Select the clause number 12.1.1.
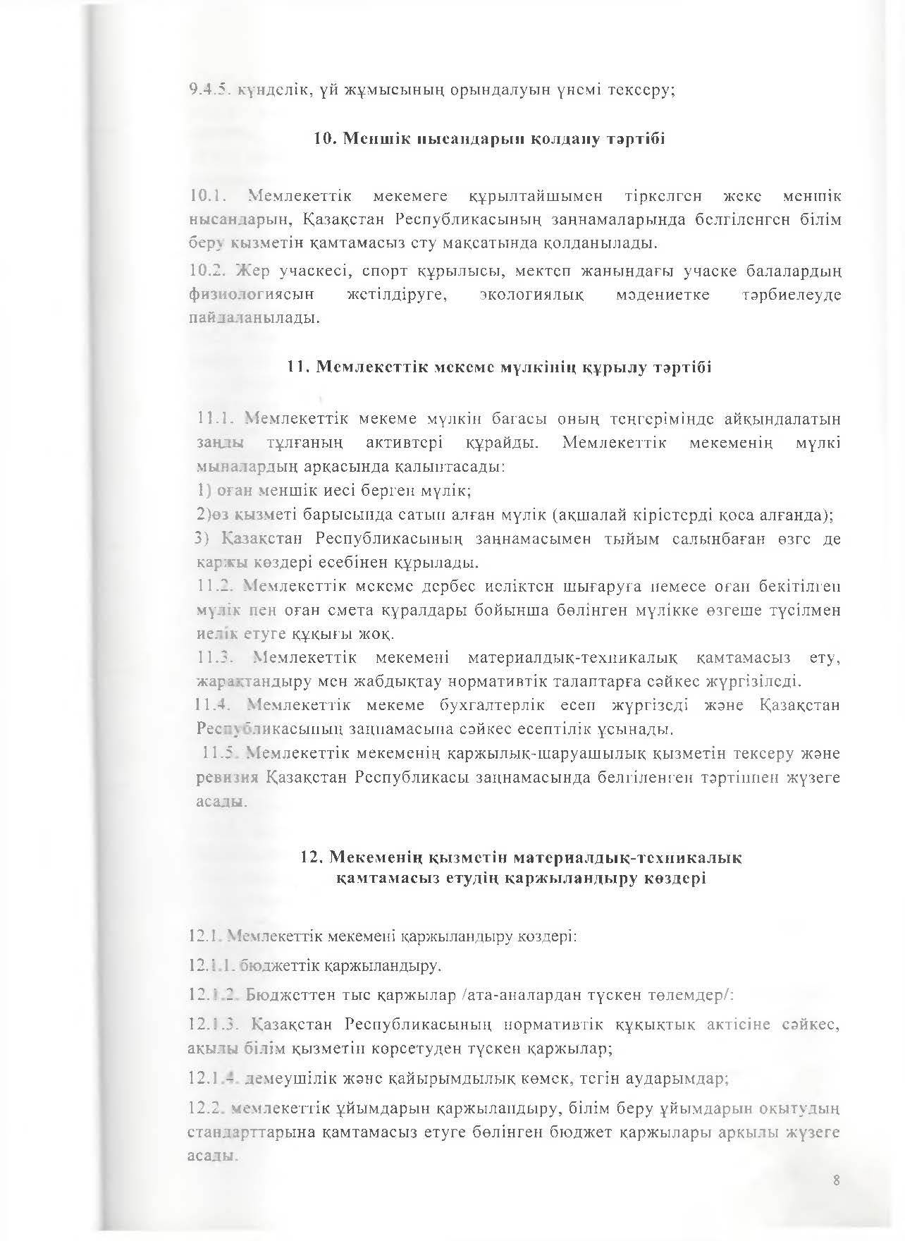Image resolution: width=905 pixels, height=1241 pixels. [x=211, y=965]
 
